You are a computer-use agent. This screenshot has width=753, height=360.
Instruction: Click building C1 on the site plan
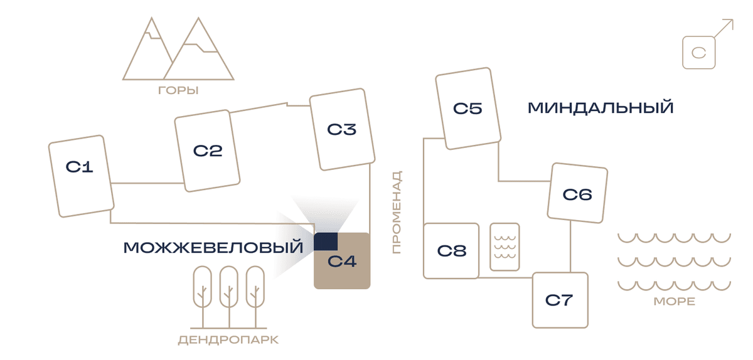(82, 176)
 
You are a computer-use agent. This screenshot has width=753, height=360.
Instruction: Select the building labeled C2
(208, 151)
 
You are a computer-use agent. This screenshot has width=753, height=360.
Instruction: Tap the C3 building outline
(342, 129)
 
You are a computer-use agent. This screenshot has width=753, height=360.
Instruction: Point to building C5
(468, 109)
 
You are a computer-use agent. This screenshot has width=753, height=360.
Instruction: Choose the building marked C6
(577, 193)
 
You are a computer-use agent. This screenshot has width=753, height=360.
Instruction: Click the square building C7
(560, 300)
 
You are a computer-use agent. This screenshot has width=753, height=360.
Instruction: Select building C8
(451, 251)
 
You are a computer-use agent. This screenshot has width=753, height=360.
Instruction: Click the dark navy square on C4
(326, 241)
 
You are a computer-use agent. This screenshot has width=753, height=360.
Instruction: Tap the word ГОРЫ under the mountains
(178, 90)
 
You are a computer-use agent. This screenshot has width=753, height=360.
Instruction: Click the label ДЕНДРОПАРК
(228, 340)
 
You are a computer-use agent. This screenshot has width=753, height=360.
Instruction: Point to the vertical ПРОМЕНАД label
(397, 212)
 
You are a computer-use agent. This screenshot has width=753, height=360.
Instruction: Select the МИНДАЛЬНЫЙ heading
(601, 108)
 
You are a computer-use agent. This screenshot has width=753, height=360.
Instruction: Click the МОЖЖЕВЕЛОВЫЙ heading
(213, 248)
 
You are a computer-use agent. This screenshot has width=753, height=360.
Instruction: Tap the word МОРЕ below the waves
(675, 302)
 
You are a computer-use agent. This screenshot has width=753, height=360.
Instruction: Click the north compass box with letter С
(699, 53)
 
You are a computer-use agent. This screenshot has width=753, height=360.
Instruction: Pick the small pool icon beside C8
(505, 246)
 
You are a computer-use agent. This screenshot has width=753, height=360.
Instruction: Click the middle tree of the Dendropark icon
(229, 297)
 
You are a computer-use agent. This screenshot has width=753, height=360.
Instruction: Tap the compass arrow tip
(733, 19)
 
